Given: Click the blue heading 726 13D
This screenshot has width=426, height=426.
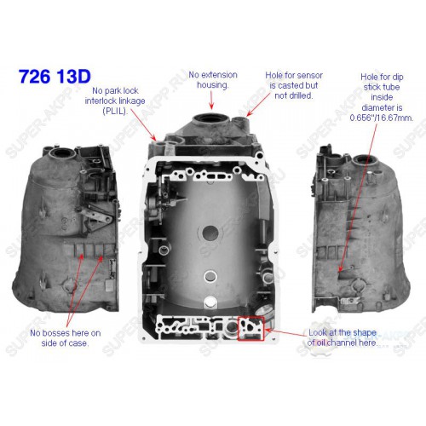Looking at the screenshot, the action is tap(55, 76).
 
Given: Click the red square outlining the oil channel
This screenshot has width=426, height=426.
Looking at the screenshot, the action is tap(238, 329).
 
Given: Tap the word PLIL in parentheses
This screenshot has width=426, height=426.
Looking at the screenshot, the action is tap(114, 112).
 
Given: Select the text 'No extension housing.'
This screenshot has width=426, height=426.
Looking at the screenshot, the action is tap(213, 80).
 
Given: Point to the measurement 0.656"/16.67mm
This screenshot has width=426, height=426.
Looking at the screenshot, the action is tap(382, 118).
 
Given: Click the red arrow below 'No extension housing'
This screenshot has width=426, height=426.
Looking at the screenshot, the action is tap(211, 101).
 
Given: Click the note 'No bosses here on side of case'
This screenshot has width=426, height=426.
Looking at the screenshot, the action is tap(66, 338).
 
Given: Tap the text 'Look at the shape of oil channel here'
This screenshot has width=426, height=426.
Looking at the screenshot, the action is tap(343, 337).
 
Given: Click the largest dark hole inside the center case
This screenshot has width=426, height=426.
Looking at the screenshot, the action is tap(210, 233).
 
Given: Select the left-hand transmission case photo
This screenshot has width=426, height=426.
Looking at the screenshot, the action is tap(66, 228).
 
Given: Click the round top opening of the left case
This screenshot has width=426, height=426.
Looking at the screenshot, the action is tap(62, 153).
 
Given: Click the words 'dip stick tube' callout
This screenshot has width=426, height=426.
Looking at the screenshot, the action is tap(382, 87).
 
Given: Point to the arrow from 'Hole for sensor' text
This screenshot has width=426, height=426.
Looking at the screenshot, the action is tap(258, 104).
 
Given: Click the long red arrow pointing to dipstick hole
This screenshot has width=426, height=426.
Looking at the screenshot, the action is tap(358, 198).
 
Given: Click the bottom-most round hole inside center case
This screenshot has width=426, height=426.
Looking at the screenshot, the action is tap(210, 302).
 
